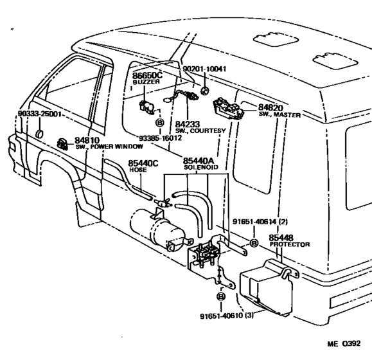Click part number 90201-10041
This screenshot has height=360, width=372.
[204, 69]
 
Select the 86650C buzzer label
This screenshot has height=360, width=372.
[147, 75]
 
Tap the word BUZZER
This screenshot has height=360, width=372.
[146, 82]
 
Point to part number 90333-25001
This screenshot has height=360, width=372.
[40, 114]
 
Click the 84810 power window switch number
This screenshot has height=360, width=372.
[87, 140]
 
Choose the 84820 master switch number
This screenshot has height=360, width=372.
[270, 108]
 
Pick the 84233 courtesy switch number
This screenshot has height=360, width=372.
[188, 124]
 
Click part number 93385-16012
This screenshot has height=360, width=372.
[161, 138]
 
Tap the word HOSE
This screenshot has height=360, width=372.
[138, 170]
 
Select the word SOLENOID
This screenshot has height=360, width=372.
[201, 167]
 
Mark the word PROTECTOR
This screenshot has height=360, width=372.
[290, 244]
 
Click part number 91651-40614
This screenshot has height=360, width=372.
[254, 222]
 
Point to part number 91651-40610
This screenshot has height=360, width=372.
[222, 316]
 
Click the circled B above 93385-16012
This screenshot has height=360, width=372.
[160, 123]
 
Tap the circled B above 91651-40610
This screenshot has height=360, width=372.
[221, 296]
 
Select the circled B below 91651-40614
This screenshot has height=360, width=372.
[254, 243]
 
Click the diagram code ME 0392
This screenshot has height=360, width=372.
[344, 343]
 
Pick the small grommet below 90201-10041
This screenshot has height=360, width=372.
[204, 91]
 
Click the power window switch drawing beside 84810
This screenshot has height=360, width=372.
[62, 144]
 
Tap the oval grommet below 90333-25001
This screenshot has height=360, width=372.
[39, 134]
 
